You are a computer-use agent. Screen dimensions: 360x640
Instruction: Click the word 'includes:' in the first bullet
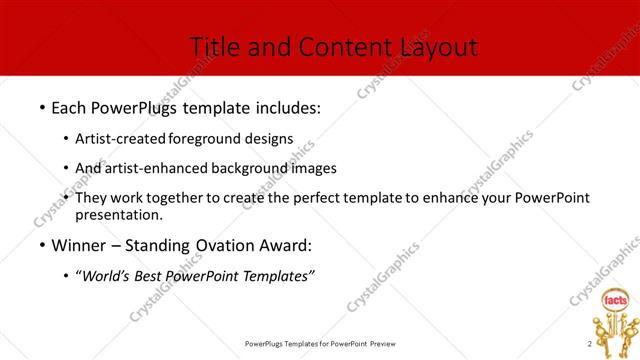tap(286, 107)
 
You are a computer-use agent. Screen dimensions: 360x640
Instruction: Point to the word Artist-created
tap(120, 138)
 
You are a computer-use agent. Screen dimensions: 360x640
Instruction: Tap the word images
tap(309, 168)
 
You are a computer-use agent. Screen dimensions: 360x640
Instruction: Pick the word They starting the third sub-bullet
tap(92, 198)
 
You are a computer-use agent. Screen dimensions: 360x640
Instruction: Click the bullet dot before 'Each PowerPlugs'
tap(41, 107)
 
